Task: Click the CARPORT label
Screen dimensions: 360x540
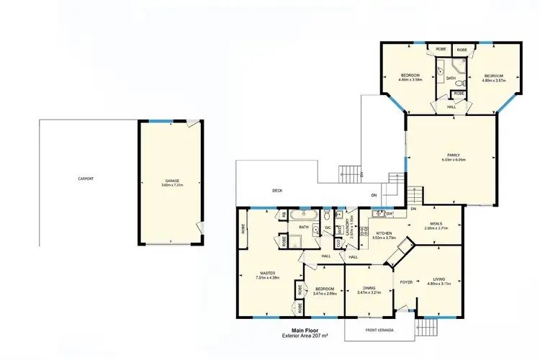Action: click(86, 179)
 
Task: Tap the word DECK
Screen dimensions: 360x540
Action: click(276, 191)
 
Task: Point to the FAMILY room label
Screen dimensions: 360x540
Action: click(452, 156)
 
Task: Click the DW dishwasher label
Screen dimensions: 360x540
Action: click(390, 214)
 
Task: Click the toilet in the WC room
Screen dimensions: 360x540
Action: click(327, 215)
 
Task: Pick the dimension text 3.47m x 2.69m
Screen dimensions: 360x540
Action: click(325, 294)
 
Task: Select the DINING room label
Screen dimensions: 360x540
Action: click(368, 288)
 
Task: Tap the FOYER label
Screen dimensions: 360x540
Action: click(406, 282)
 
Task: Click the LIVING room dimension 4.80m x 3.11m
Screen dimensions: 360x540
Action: click(439, 284)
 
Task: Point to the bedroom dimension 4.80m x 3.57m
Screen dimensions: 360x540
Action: click(493, 81)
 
